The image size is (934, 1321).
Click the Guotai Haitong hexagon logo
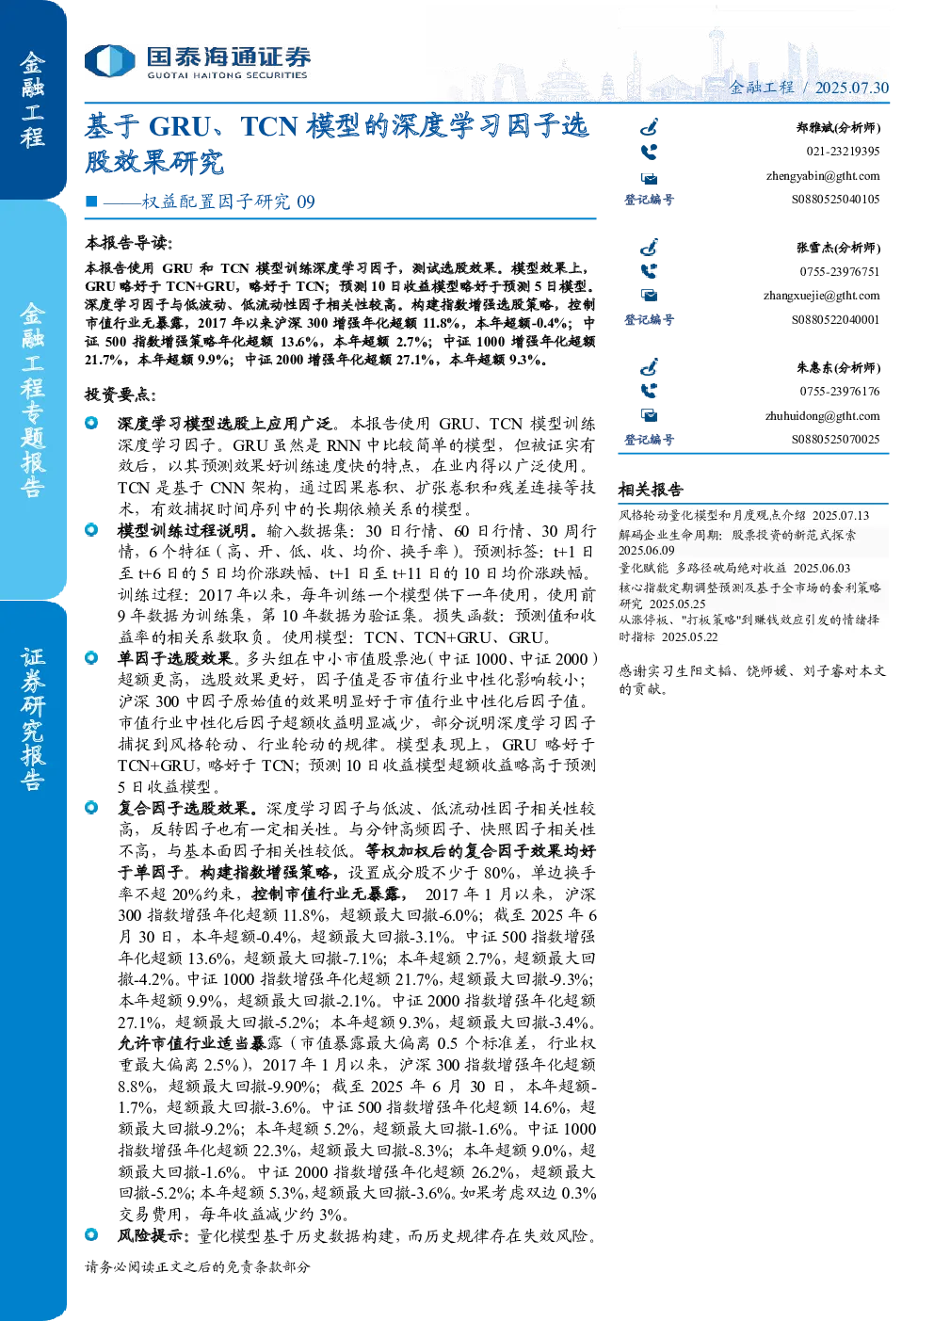pyautogui.click(x=109, y=60)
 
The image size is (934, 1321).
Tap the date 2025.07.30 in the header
pyautogui.click(x=851, y=88)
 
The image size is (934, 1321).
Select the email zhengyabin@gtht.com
pyautogui.click(x=823, y=176)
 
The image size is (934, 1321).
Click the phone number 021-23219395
pyautogui.click(x=843, y=152)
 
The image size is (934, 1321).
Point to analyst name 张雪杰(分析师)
pyautogui.click(x=839, y=248)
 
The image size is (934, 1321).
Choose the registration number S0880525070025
pyautogui.click(x=835, y=439)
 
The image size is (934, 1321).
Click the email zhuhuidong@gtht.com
pyautogui.click(x=822, y=416)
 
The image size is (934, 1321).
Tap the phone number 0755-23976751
pyautogui.click(x=839, y=272)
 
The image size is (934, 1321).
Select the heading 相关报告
pyautogui.click(x=651, y=489)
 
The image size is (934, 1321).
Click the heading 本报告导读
pyautogui.click(x=128, y=243)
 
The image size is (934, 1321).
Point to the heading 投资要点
pyautogui.click(x=121, y=395)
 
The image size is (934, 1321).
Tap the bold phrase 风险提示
pyautogui.click(x=151, y=1235)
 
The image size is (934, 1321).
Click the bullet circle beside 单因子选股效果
pyautogui.click(x=91, y=657)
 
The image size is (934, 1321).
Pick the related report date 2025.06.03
pyautogui.click(x=821, y=568)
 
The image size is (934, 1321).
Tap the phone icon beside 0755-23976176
pyautogui.click(x=649, y=391)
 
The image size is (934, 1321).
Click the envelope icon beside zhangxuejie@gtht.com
pyautogui.click(x=649, y=296)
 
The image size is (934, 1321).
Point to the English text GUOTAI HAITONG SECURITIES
pyautogui.click(x=227, y=75)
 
